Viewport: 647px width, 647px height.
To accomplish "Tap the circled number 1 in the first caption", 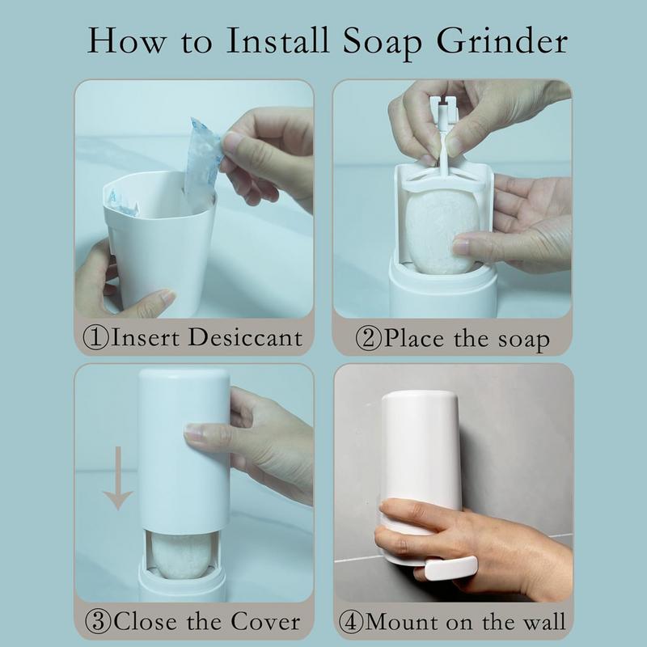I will pyautogui.click(x=98, y=336).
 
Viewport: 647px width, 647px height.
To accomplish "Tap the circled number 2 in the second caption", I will pyautogui.click(x=370, y=336).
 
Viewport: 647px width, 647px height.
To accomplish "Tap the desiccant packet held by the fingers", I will pyautogui.click(x=200, y=162).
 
